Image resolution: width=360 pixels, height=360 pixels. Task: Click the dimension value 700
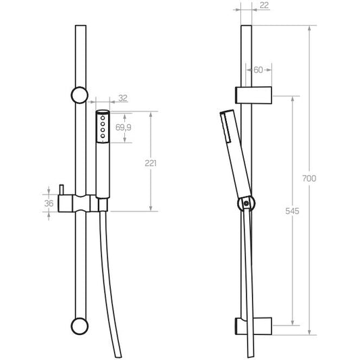tap(309, 178)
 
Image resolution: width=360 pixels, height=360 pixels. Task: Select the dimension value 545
tap(292, 211)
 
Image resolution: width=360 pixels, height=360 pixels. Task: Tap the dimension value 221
tap(151, 163)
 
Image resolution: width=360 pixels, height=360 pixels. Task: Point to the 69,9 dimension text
tap(124, 127)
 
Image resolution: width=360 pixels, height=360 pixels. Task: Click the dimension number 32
tap(123, 98)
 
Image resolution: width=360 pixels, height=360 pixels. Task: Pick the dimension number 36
tap(49, 203)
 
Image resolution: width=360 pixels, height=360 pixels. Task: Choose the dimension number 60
tap(258, 70)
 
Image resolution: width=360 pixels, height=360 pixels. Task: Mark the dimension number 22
tap(264, 5)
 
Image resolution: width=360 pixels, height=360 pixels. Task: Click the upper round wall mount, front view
tap(80, 95)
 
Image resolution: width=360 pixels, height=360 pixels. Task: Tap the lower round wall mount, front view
tap(80, 326)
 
